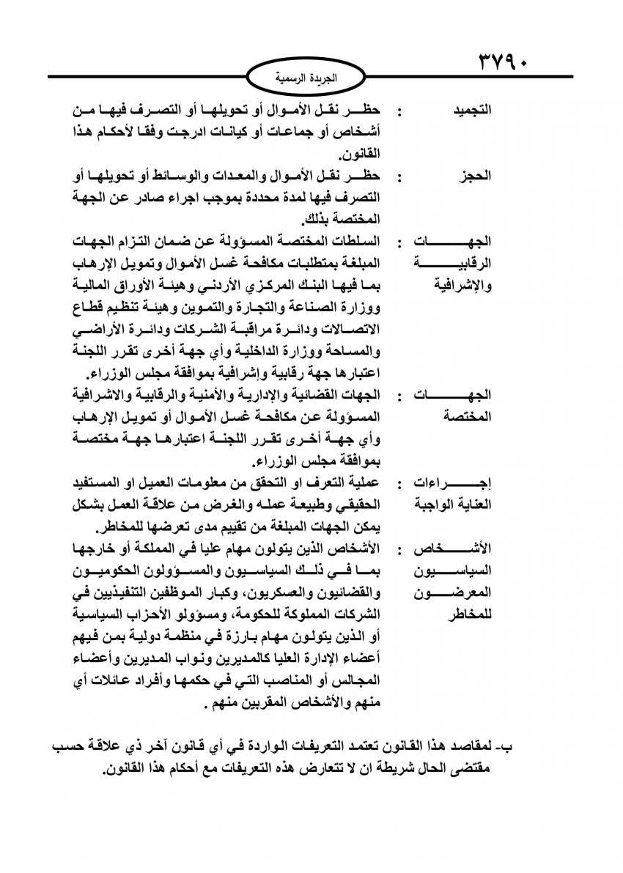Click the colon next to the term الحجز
(x=398, y=177)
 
